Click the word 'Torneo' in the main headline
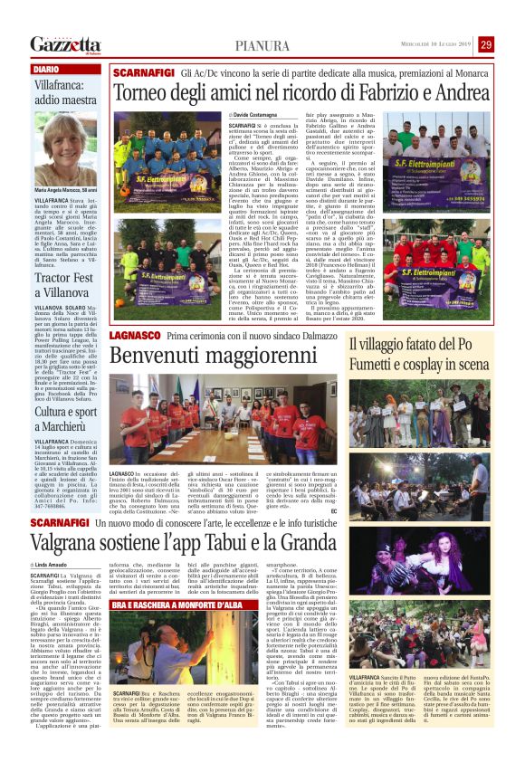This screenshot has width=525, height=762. pyautogui.click(x=144, y=92)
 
